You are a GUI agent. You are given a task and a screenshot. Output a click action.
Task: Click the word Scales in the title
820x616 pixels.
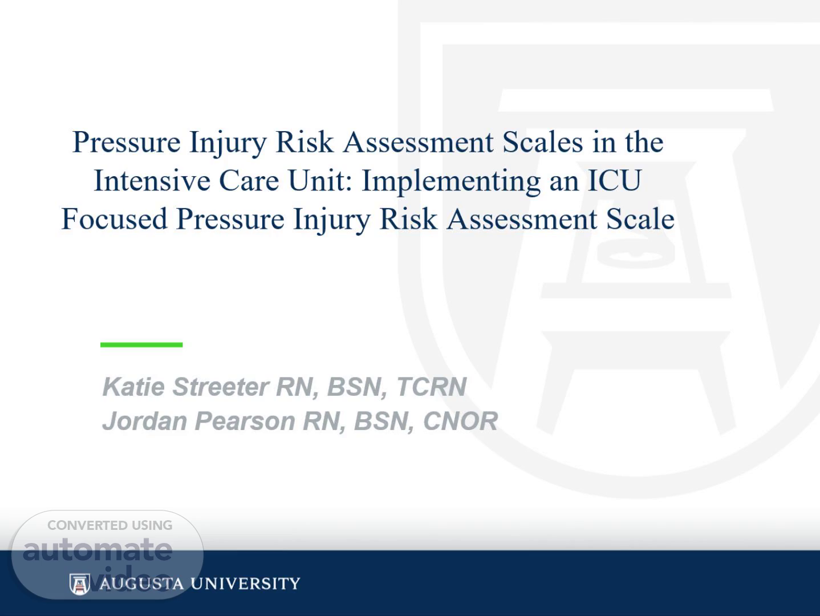542,143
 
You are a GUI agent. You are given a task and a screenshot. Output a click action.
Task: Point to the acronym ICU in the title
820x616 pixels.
615,180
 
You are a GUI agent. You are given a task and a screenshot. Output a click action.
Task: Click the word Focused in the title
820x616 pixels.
114,219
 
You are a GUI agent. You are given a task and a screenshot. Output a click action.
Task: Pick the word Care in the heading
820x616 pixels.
249,180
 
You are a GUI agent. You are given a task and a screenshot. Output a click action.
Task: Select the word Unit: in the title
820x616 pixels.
320,180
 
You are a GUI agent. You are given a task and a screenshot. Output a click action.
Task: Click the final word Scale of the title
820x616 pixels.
640,219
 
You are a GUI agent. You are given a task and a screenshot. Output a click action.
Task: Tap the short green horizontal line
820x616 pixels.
141,345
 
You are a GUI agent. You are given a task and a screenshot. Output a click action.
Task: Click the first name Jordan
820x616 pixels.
145,421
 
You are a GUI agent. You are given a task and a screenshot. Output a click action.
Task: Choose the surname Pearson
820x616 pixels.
245,421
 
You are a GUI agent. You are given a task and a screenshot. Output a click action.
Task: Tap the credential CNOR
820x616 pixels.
460,421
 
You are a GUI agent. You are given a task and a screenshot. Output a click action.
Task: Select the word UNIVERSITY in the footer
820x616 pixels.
245,583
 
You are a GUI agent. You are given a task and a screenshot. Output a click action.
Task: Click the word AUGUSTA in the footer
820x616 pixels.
141,583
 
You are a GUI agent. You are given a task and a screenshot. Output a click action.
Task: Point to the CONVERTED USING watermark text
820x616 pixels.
110,525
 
